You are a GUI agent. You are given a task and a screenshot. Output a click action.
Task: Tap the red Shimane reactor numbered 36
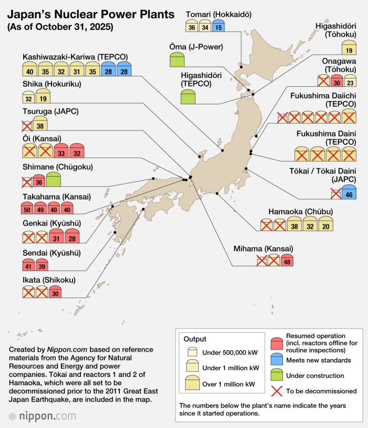point(38,181)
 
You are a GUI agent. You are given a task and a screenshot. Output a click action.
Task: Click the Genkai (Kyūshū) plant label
point(51,224)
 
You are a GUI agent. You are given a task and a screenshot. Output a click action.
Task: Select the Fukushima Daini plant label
point(326,138)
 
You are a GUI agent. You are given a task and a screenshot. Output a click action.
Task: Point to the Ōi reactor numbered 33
point(62,152)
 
